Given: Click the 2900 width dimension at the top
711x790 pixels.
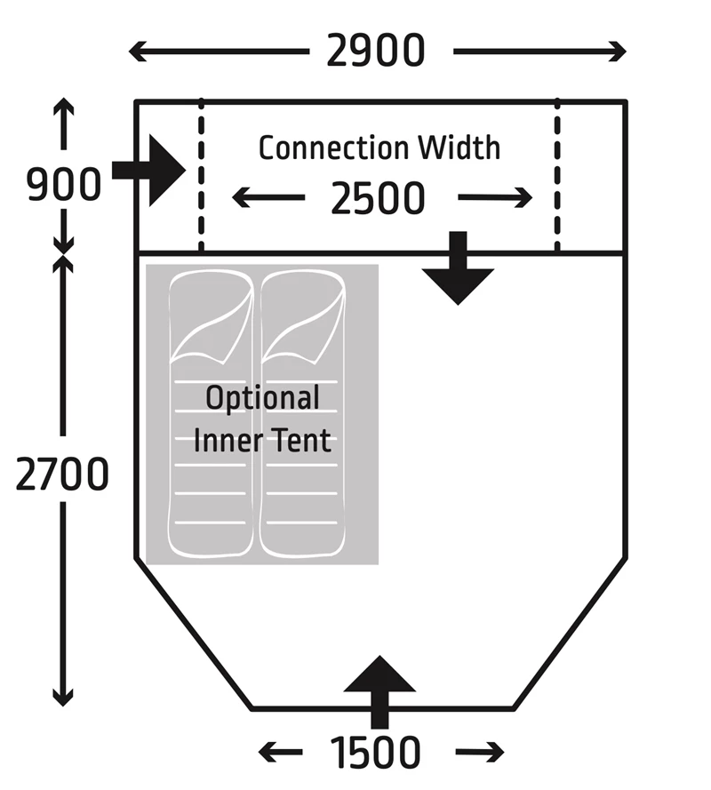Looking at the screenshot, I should [376, 52].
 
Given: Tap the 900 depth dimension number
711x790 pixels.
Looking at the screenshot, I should [63, 186].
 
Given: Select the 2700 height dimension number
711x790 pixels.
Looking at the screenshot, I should [62, 475].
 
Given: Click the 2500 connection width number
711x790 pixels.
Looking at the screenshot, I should [379, 199].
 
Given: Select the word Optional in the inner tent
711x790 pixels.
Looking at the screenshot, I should [262, 398].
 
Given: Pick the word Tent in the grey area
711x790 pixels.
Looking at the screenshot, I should [300, 440].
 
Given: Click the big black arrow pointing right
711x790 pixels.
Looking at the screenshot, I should [151, 170].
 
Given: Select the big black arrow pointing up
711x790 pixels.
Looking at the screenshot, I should [379, 690].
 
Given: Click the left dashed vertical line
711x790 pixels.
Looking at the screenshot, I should [202, 178].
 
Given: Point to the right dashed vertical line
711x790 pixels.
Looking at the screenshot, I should [557, 178].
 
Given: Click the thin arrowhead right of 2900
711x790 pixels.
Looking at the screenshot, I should [615, 52].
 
